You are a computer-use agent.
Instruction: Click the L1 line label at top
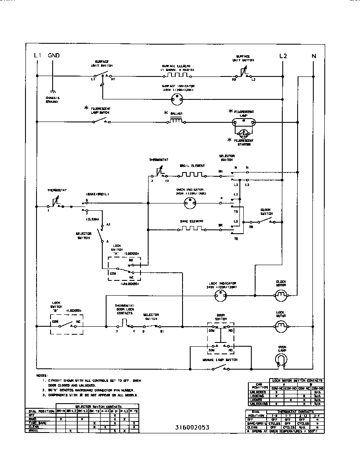coord(37,56)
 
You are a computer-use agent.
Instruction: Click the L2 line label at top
coord(283,56)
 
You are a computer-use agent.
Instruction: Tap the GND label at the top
coord(53,56)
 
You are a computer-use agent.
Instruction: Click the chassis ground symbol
coord(53,91)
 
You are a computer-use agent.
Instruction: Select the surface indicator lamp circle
coord(176,99)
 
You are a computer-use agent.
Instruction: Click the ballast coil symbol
coord(176,122)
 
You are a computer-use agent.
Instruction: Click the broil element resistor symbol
coord(191,174)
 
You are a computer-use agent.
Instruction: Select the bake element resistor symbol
coord(190,229)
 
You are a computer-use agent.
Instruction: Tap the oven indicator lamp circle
coord(190,204)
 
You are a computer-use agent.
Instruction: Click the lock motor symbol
coord(280,326)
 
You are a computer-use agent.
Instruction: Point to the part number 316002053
coord(191,427)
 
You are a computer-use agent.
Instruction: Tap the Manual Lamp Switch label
coord(219,360)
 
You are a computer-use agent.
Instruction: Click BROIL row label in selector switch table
coord(32,430)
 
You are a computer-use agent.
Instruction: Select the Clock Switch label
coord(266,211)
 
